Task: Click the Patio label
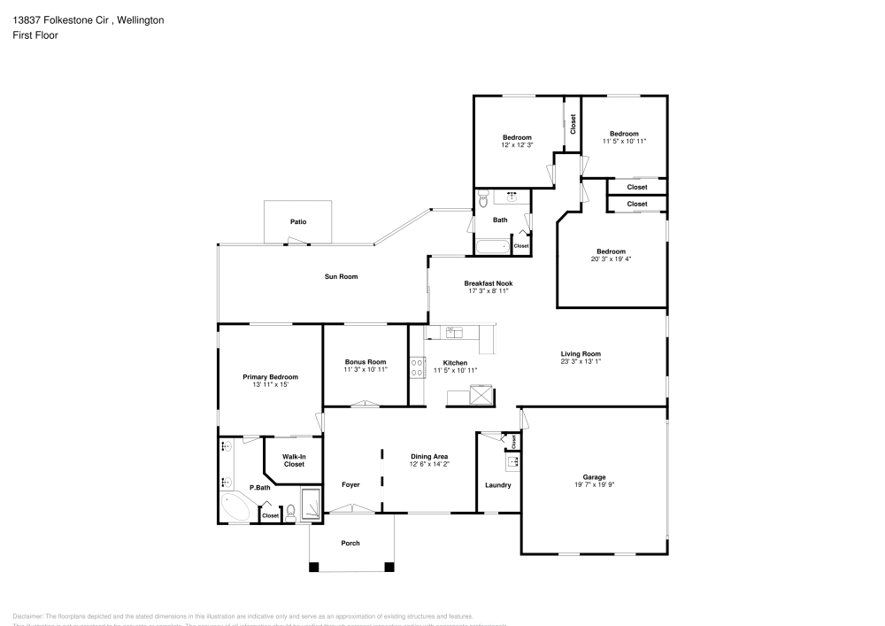[x=298, y=221]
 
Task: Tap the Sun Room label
[x=341, y=277]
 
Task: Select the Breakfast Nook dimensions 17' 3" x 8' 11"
[x=489, y=290]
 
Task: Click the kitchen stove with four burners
[x=417, y=367]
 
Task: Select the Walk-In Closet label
[x=294, y=460]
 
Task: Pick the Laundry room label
[x=498, y=485]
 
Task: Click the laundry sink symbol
[x=512, y=460]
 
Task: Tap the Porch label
[x=350, y=543]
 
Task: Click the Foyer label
[x=350, y=485]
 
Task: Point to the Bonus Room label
[x=366, y=362]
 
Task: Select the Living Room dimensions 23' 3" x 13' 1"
[x=581, y=361]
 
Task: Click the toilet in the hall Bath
[x=483, y=201]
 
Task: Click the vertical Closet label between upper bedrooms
[x=573, y=123]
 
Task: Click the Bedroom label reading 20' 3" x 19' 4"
[x=611, y=251]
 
